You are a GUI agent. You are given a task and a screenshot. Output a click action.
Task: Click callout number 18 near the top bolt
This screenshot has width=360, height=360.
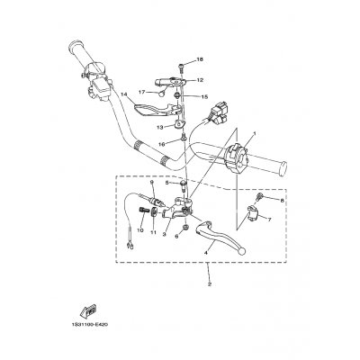click(200, 58)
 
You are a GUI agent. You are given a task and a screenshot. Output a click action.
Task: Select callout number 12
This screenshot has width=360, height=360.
click(200, 79)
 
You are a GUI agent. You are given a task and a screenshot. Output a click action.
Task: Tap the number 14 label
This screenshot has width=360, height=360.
click(125, 94)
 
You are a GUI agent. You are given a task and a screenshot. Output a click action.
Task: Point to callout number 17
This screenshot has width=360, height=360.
click(142, 92)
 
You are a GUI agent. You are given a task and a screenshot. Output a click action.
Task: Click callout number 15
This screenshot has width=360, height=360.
click(203, 96)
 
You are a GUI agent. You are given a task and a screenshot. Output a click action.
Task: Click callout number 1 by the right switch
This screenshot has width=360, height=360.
click(254, 133)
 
